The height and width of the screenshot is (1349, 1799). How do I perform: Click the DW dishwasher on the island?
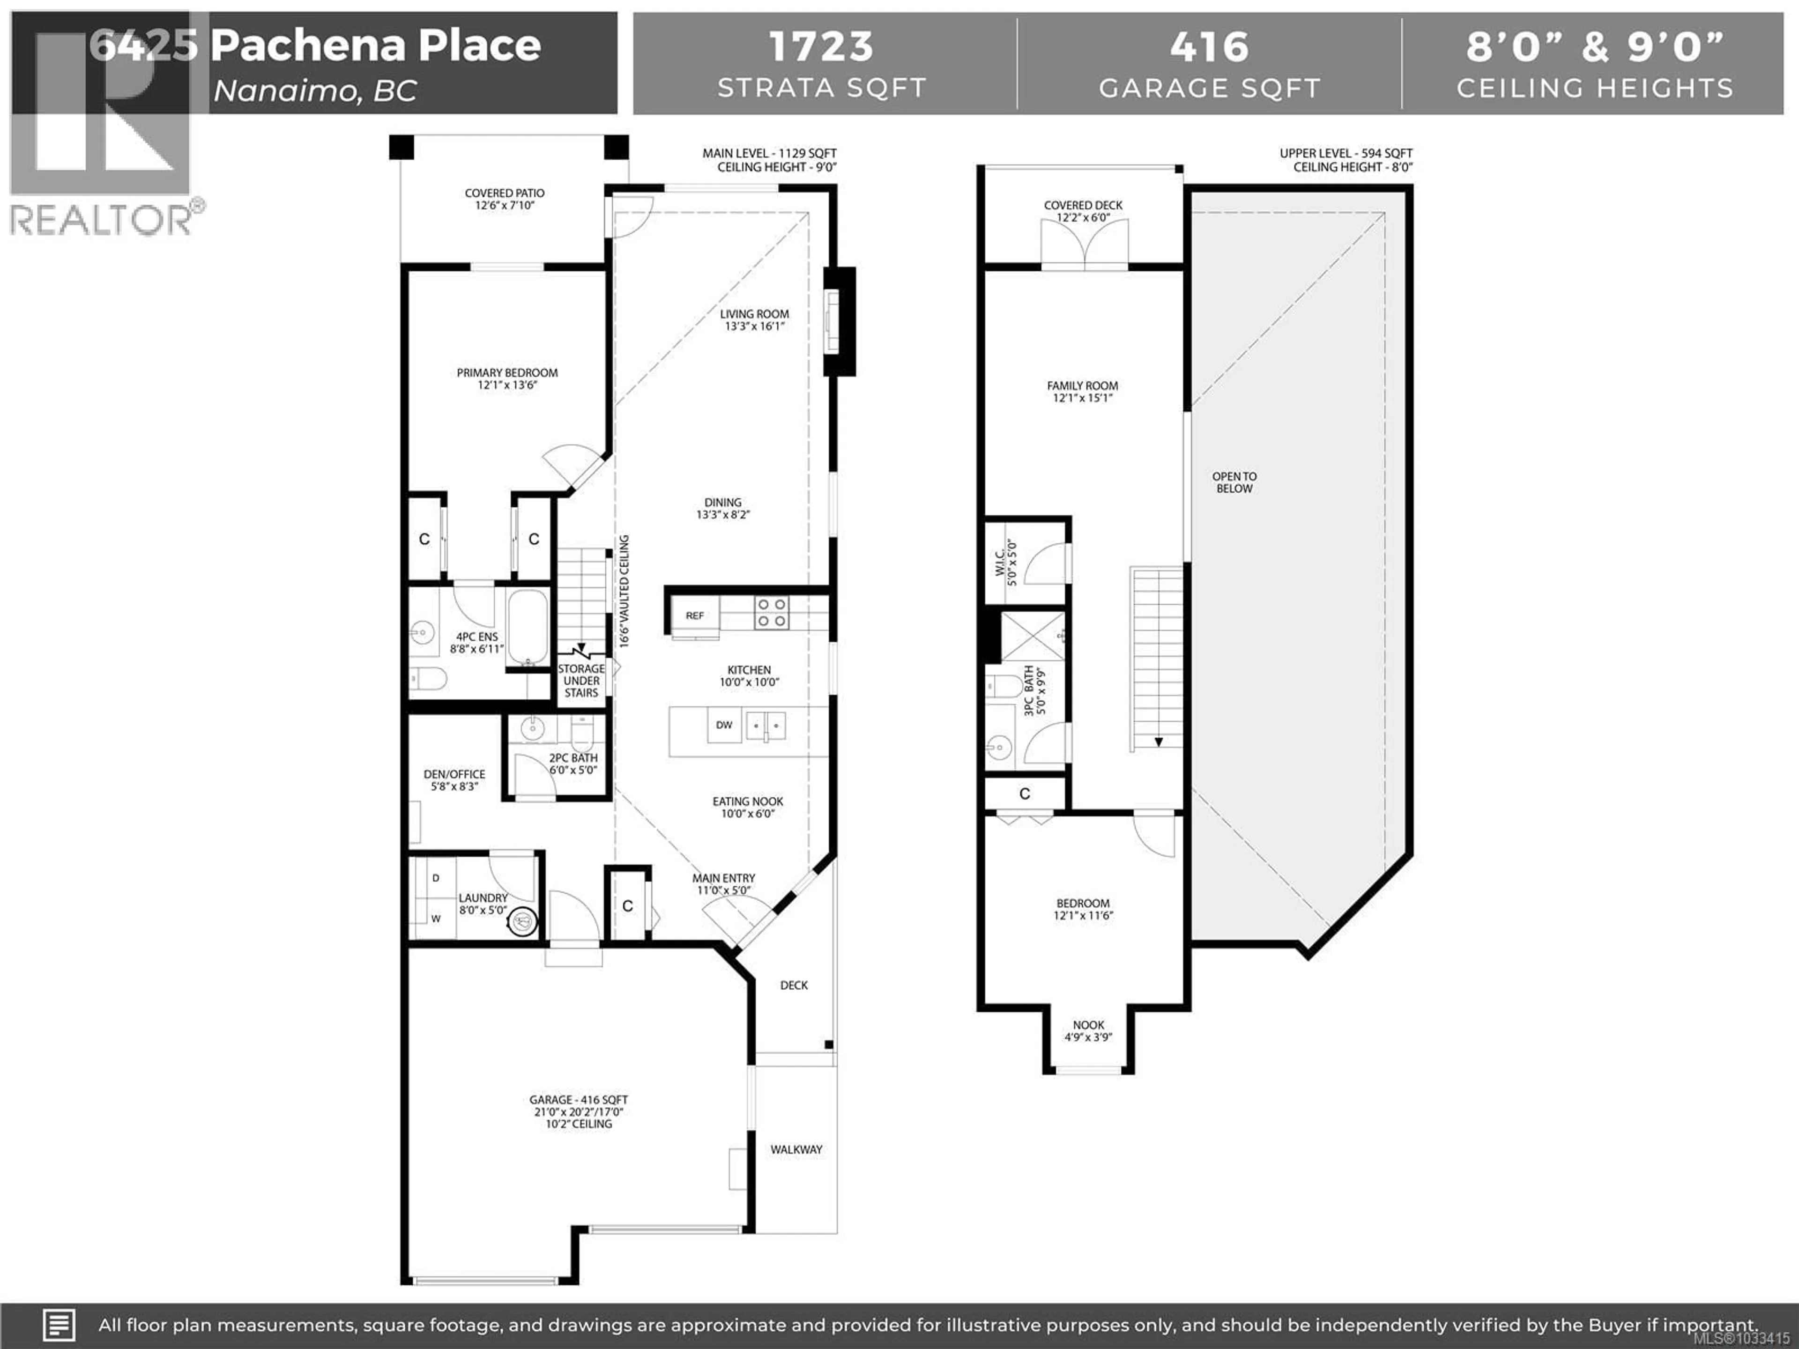[x=724, y=725]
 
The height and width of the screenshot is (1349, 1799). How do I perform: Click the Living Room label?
[x=754, y=319]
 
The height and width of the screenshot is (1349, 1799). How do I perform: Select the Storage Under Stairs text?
[x=581, y=681]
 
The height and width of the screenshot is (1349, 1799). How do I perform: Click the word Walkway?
[x=796, y=1149]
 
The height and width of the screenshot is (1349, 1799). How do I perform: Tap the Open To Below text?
[x=1234, y=482]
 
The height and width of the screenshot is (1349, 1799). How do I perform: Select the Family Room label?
[x=1082, y=391]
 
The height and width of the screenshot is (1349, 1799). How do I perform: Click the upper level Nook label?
[x=1088, y=1030]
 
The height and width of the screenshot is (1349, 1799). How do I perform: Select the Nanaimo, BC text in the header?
[x=315, y=90]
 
